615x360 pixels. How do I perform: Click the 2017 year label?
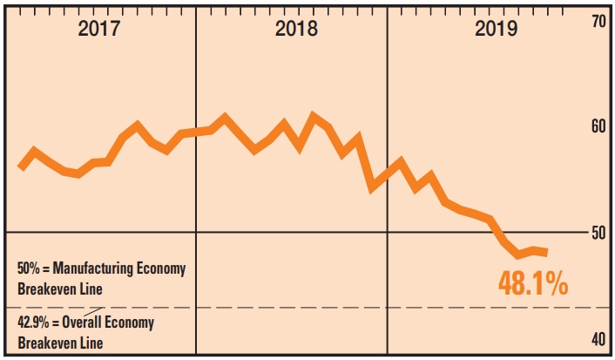tap(99, 28)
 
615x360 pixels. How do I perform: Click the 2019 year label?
tap(497, 28)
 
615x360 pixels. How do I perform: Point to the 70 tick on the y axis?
tap(598, 21)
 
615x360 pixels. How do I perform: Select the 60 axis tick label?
tap(598, 127)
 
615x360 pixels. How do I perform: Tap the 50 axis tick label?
tap(598, 234)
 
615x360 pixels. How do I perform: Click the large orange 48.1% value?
tap(533, 283)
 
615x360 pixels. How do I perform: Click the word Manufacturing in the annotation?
tap(97, 268)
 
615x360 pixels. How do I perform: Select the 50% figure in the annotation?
tap(30, 268)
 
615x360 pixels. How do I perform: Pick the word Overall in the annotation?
tap(85, 323)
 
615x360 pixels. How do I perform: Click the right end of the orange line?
tap(546, 253)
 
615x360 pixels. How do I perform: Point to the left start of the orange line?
tap(21, 167)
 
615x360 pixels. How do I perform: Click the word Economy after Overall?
tap(133, 323)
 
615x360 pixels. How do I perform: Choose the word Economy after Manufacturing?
tap(162, 268)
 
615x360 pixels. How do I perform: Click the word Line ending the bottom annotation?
tap(92, 343)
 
